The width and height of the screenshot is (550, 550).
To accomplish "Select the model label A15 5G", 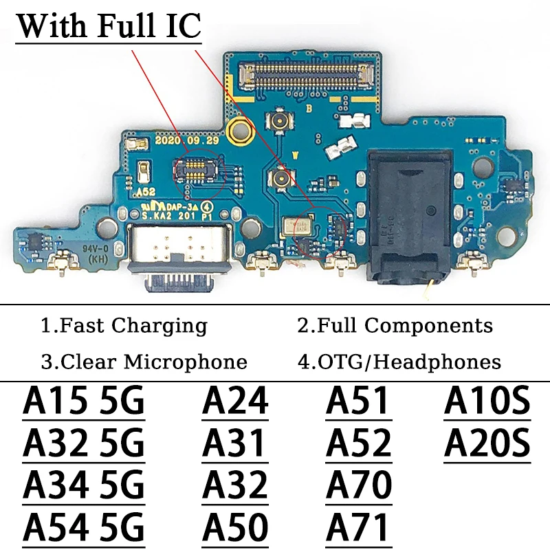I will coord(84,401).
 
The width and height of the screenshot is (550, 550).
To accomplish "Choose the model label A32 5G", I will coord(84,443).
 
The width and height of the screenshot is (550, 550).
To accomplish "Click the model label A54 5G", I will coord(84,528).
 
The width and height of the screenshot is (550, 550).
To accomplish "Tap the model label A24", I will coord(234,401).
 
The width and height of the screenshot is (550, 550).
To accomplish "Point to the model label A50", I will coord(234,528).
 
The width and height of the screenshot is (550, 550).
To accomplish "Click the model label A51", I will coord(357,401).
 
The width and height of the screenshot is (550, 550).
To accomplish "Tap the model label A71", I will coord(357,528).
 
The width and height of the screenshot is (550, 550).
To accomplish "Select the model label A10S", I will coord(487,401).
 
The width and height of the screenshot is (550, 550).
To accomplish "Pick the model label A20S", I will coord(487,443).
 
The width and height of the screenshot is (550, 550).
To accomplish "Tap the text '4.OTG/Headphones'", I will coord(399,362).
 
